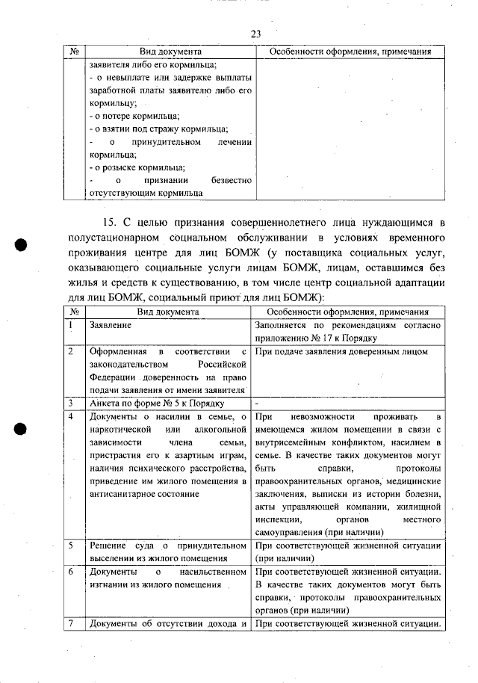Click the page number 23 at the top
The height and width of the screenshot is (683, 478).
coord(255,34)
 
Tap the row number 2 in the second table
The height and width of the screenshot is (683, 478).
coord(69,350)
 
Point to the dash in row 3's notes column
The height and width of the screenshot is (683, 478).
coord(256,401)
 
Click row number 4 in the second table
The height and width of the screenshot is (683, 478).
coord(69,415)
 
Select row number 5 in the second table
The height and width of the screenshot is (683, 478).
coord(69,545)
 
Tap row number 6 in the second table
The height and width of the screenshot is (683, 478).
coord(69,571)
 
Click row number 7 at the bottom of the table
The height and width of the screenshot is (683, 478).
coord(69,623)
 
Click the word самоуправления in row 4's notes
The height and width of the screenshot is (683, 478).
coord(289,532)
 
